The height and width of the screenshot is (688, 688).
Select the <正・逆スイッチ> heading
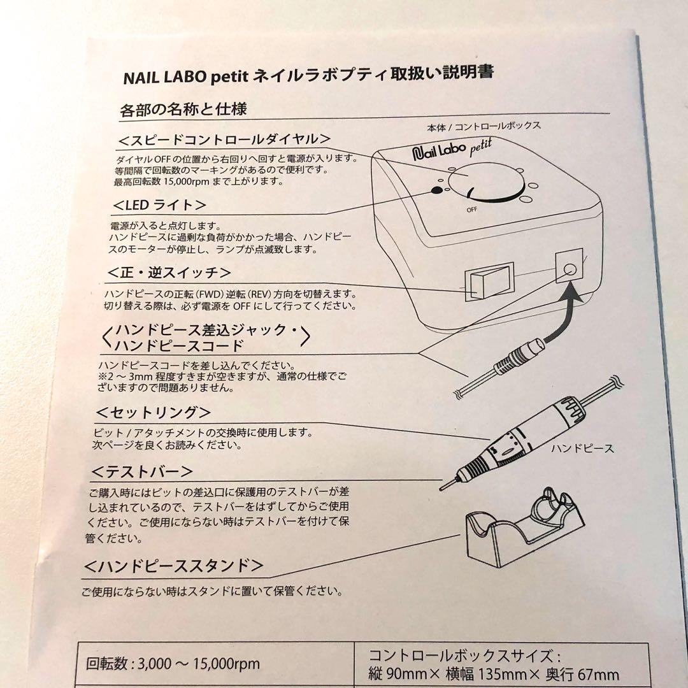click(170, 273)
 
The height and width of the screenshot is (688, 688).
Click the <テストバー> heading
click(142, 472)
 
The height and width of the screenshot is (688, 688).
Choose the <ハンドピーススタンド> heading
click(173, 565)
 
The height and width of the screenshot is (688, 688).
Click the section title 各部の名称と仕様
click(183, 109)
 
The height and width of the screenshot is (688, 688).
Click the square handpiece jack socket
click(570, 266)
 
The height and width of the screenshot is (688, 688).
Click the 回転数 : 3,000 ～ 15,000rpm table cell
click(173, 664)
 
